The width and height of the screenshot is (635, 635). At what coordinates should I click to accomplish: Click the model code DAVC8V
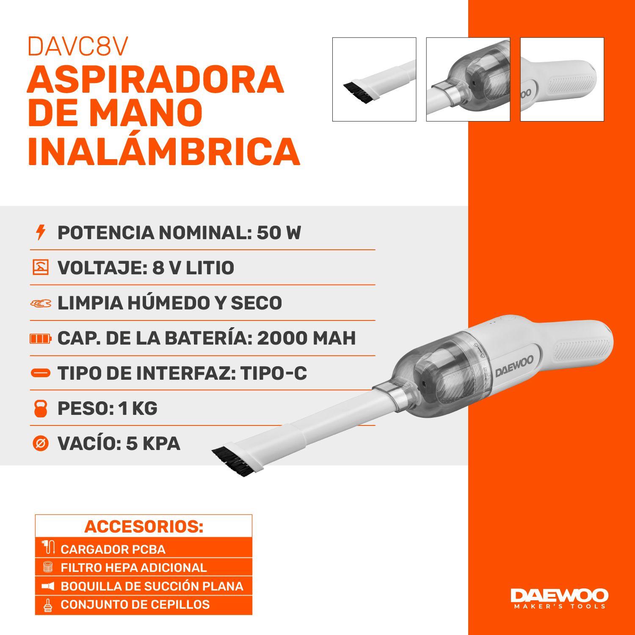click(78, 47)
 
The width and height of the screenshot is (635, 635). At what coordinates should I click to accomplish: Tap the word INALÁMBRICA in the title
click(163, 151)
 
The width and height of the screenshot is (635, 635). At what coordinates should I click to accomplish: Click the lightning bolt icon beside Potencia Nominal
click(41, 232)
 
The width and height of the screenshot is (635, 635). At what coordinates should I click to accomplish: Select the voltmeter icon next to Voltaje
click(41, 268)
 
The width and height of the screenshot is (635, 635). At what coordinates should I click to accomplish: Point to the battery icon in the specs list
click(41, 338)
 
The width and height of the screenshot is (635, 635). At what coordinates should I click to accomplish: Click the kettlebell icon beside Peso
click(41, 409)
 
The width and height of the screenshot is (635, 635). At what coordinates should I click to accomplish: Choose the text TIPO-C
click(273, 373)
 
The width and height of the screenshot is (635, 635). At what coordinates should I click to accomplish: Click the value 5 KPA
click(153, 444)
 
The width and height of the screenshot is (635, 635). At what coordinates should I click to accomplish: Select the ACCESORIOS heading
click(144, 527)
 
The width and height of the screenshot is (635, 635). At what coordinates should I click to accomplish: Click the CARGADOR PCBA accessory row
click(144, 549)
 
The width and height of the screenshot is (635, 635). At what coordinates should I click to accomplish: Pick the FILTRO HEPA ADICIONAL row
click(144, 568)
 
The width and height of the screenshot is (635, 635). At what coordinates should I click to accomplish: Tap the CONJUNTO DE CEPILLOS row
click(144, 605)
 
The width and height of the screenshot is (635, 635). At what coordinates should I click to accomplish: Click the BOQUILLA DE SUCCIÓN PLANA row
click(144, 586)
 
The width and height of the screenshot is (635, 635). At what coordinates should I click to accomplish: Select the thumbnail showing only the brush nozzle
click(374, 80)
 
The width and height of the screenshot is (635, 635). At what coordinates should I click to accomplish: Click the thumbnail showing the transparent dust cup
click(468, 80)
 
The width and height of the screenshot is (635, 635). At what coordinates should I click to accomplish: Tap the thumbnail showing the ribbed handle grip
click(562, 80)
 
